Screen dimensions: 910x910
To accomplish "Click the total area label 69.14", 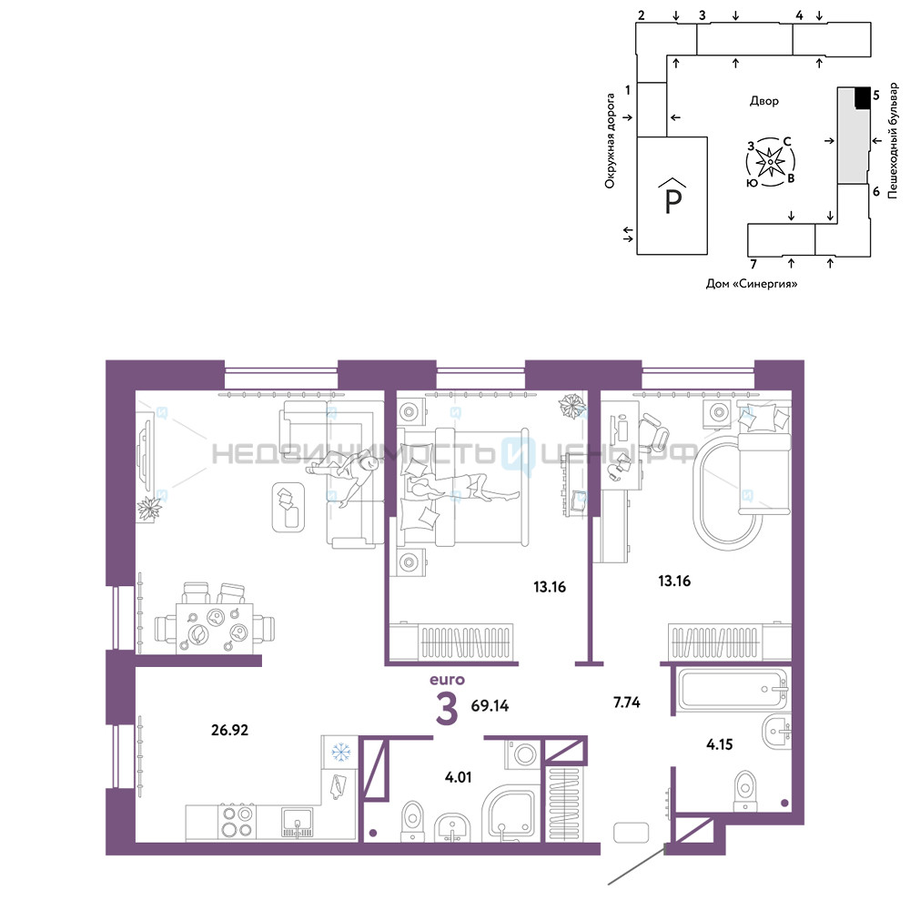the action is coord(490,706).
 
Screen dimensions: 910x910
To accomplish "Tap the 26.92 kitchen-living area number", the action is coord(230,730).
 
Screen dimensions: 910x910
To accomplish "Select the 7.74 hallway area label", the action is coord(627,703).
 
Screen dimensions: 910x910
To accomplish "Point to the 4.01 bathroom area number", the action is coord(458,777).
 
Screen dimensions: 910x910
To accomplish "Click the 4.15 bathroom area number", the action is coord(720,744).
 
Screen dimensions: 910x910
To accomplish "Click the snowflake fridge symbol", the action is coord(340,753).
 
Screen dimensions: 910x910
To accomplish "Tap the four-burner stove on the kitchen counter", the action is coord(238,822).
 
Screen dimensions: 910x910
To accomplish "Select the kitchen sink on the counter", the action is coord(298,823).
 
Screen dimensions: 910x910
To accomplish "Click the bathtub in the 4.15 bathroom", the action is coord(733,690).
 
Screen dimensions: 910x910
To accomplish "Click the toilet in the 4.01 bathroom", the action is coord(412,821).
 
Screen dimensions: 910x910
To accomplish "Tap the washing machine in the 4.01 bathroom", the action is coord(523,753).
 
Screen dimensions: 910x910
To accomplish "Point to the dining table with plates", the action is coord(215,629).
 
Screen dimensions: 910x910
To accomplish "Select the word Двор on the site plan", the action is coord(764,101).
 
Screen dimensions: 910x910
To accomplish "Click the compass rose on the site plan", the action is coord(770,162).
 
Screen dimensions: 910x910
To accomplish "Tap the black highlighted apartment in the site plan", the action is coord(863,97).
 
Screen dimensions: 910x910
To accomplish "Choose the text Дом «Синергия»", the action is coord(752,284).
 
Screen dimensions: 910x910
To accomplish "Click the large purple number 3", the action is coord(447,709).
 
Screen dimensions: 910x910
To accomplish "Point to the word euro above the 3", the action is coord(447,680).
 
